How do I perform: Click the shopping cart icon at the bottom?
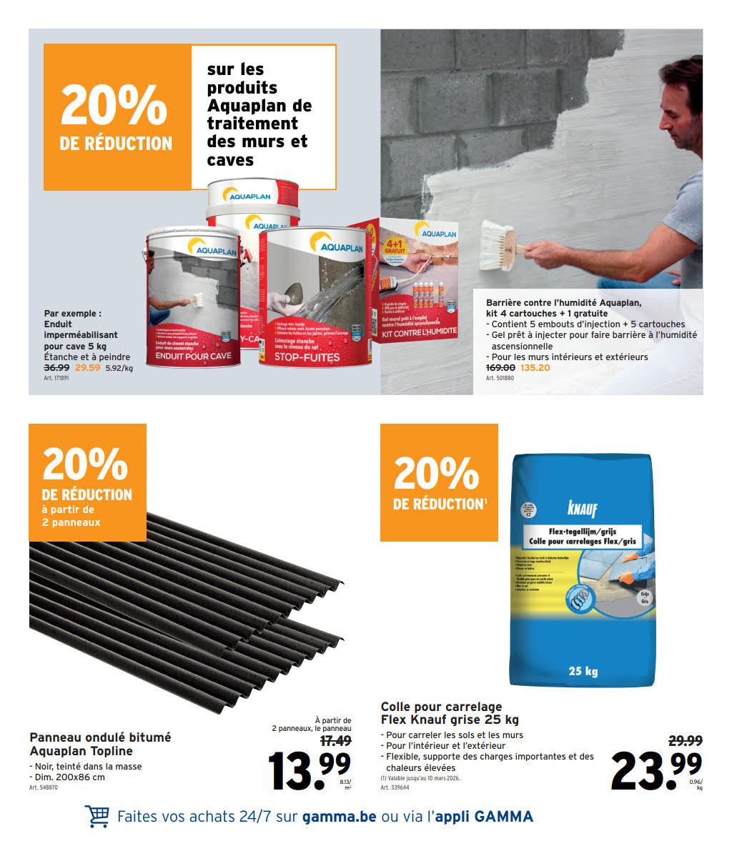pyautogui.click(x=97, y=816)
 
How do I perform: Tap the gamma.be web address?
pyautogui.click(x=339, y=816)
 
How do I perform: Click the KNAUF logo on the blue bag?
pyautogui.click(x=582, y=509)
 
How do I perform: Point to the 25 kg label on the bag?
pyautogui.click(x=583, y=671)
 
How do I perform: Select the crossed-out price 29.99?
pyautogui.click(x=685, y=741)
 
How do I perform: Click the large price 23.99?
pyautogui.click(x=656, y=770)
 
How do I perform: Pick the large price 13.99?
pyautogui.click(x=309, y=770)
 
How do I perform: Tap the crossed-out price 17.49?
pyautogui.click(x=335, y=741)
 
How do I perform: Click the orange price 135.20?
pyautogui.click(x=535, y=368)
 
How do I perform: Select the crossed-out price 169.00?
pyautogui.click(x=500, y=368)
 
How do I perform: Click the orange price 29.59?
pyautogui.click(x=87, y=368)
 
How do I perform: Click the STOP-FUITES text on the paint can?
pyautogui.click(x=307, y=357)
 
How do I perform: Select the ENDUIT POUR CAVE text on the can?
pyautogui.click(x=193, y=355)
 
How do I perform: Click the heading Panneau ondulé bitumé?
pyautogui.click(x=100, y=737)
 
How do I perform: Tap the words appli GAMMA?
pyautogui.click(x=484, y=816)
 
